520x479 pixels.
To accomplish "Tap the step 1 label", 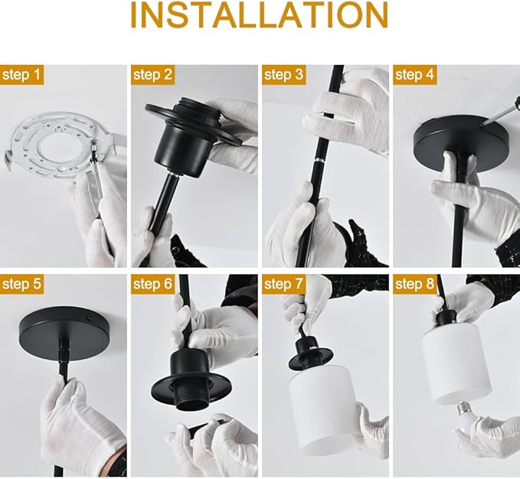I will coord(23,75).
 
